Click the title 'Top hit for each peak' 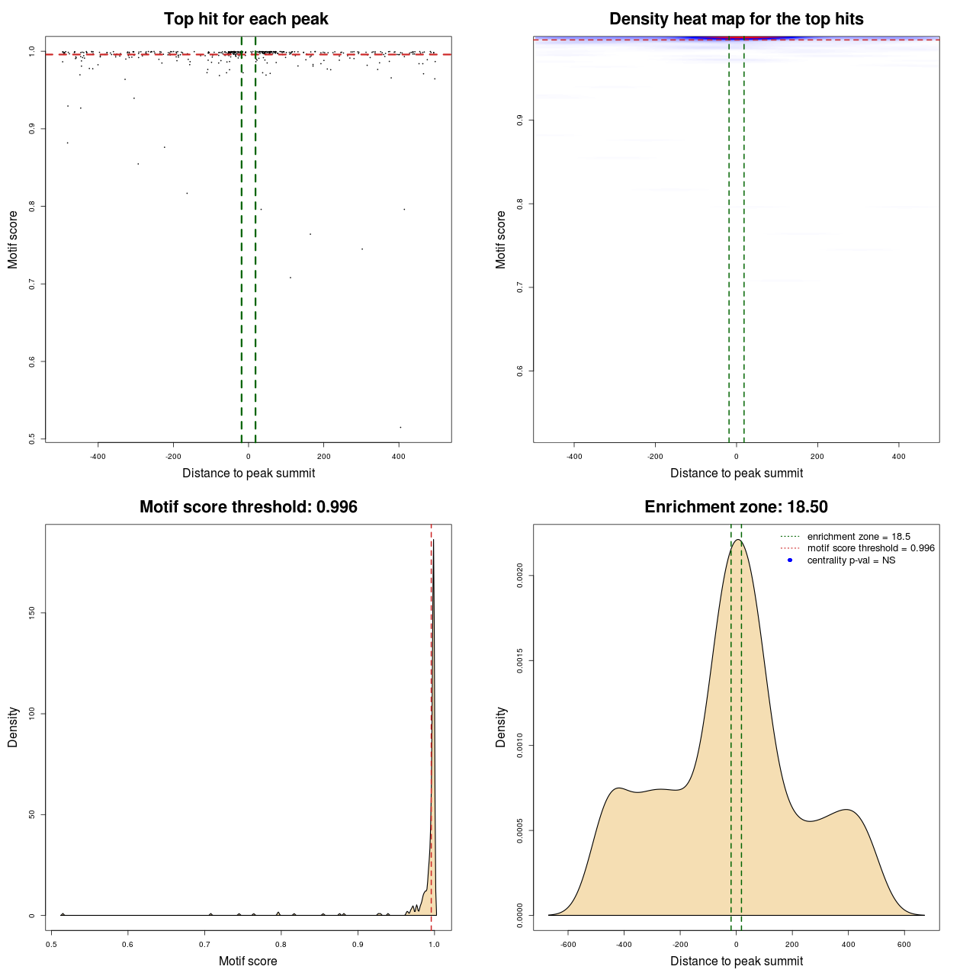[x=246, y=19]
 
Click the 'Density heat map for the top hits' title [x=736, y=19]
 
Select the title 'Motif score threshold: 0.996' [x=248, y=507]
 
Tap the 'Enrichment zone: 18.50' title [x=736, y=507]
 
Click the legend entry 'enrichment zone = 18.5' [x=859, y=537]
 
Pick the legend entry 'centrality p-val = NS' [x=851, y=560]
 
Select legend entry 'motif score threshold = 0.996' [x=871, y=548]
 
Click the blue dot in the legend [x=790, y=560]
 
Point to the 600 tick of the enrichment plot [x=904, y=945]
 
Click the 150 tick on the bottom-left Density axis [x=31, y=613]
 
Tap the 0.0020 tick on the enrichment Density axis [x=519, y=576]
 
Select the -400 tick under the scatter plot [x=98, y=457]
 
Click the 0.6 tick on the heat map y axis [x=519, y=371]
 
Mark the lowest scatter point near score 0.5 [x=400, y=427]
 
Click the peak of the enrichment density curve [x=737, y=540]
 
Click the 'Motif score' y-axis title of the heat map [x=501, y=239]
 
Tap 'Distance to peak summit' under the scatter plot [x=248, y=473]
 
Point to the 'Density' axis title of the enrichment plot [x=501, y=727]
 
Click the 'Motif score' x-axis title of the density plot [x=248, y=961]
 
